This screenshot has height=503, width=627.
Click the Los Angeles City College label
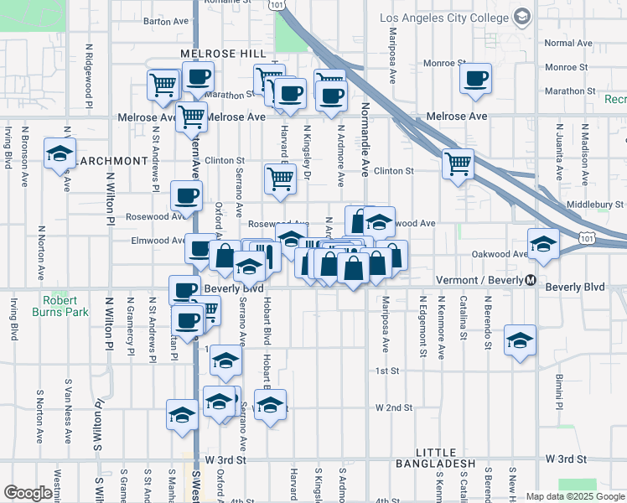tap(444, 17)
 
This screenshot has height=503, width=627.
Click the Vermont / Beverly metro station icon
tap(531, 281)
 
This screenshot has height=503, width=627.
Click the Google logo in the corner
tap(28, 493)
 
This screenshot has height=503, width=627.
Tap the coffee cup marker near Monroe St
tap(476, 79)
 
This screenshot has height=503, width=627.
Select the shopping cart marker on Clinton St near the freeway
tap(458, 163)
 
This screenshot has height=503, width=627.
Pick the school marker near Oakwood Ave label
tap(543, 243)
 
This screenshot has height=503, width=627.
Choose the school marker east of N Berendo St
tap(521, 340)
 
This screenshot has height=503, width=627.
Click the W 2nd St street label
tap(394, 407)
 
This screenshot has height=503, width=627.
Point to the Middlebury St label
tap(595, 204)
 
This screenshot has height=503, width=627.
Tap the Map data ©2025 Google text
tap(575, 496)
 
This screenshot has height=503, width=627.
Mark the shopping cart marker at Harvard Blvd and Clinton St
tap(279, 177)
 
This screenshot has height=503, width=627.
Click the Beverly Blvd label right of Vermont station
tap(574, 287)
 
